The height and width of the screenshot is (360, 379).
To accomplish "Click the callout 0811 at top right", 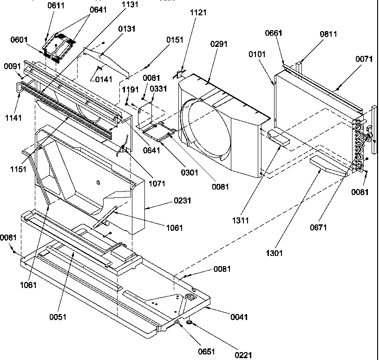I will [x=329, y=34].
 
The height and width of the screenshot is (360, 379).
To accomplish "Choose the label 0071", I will [x=365, y=59].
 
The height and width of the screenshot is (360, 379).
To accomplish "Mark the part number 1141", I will [x=13, y=118].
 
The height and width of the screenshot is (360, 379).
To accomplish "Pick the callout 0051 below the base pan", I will [x=59, y=317].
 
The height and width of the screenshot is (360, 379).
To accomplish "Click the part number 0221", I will [x=243, y=355].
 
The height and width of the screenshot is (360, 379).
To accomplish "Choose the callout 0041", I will [x=238, y=317].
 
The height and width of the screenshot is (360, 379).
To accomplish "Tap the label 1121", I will [x=198, y=13].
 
